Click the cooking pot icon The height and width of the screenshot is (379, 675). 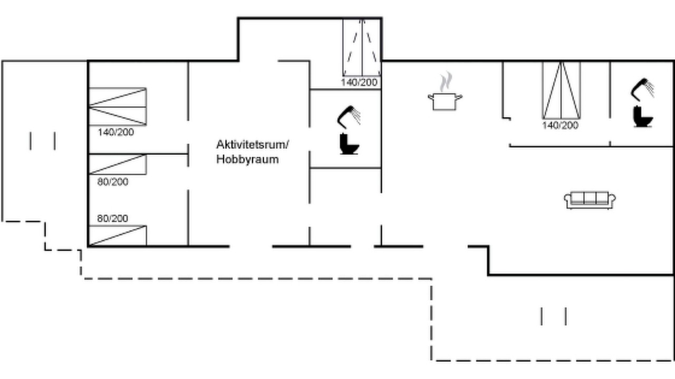click(445, 102)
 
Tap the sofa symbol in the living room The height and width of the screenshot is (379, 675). click(590, 200)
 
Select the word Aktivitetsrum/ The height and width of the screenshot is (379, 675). click(253, 145)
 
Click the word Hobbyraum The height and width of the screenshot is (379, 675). click(247, 159)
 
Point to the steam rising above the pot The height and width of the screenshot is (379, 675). click(446, 81)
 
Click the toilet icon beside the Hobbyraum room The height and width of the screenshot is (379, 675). click(349, 144)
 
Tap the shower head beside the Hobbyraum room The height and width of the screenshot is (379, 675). click(349, 117)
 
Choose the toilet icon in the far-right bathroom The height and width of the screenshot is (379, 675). click(643, 116)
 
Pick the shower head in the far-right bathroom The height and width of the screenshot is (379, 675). click(642, 89)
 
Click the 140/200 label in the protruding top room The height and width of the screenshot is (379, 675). click(359, 82)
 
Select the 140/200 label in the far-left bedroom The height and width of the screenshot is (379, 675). click(115, 132)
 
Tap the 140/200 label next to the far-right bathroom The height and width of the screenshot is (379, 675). click(560, 125)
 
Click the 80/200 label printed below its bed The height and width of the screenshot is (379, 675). click(113, 182)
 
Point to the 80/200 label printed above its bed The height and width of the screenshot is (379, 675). click(112, 218)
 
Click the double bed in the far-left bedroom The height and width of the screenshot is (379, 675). click(118, 106)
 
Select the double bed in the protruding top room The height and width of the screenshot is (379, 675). click(362, 47)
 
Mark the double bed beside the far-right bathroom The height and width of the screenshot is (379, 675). click(562, 90)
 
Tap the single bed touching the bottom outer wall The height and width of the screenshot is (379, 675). click(118, 235)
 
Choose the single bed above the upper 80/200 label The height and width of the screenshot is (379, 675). click(118, 164)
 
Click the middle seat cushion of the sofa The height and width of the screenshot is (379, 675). click(590, 198)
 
